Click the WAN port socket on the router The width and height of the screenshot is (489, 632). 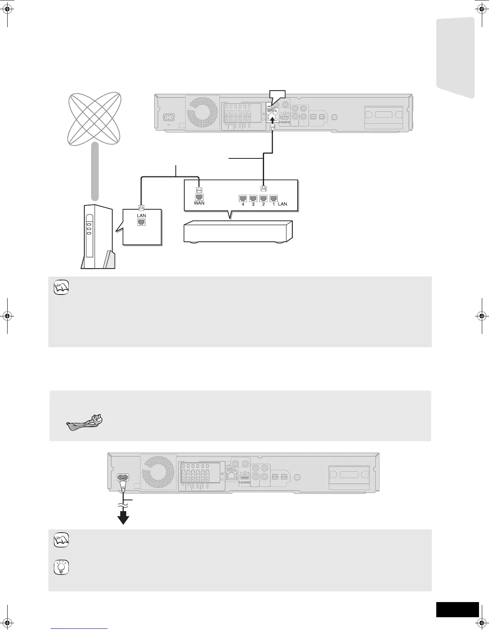coord(199,197)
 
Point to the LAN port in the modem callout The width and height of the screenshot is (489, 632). coord(141,222)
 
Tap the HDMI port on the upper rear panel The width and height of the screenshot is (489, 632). coord(284,119)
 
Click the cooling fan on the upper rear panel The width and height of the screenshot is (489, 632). coord(203,111)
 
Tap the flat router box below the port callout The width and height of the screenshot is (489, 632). coord(237,231)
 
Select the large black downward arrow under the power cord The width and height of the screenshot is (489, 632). coord(124,518)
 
